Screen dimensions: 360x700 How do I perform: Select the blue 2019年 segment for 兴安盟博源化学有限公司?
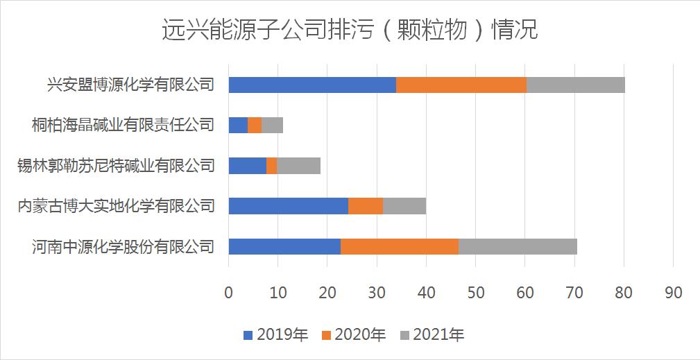pyautogui.click(x=312, y=85)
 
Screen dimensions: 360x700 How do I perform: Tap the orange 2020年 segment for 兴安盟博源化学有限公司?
pyautogui.click(x=461, y=85)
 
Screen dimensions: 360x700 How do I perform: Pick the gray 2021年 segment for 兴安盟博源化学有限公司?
pyautogui.click(x=576, y=85)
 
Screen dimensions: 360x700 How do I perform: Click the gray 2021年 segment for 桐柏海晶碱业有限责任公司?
pyautogui.click(x=272, y=126)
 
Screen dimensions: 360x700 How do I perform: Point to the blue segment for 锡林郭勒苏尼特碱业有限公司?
pyautogui.click(x=247, y=166)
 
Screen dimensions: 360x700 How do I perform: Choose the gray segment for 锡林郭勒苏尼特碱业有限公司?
pyautogui.click(x=298, y=166)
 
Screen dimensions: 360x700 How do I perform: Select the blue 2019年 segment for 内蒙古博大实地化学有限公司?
pyautogui.click(x=288, y=206)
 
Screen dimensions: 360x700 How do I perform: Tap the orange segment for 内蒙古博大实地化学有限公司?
pyautogui.click(x=366, y=206)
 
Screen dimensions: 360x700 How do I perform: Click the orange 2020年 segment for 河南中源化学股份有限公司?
pyautogui.click(x=400, y=246)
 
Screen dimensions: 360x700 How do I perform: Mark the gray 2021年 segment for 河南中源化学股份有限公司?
pyautogui.click(x=518, y=246)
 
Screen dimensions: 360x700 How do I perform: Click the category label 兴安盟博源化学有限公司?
pyautogui.click(x=130, y=85)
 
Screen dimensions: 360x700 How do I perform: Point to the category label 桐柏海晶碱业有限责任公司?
pyautogui.click(x=122, y=126)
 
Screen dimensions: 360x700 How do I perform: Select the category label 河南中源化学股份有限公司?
pyautogui.click(x=122, y=246)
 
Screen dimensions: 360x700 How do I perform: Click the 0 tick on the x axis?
pyautogui.click(x=228, y=293)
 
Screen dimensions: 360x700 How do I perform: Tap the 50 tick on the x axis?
pyautogui.click(x=475, y=293)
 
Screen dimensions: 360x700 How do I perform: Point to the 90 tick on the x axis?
pyautogui.click(x=673, y=293)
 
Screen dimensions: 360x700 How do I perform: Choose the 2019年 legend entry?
pyautogui.click(x=275, y=336)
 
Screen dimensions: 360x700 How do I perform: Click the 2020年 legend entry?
pyautogui.click(x=353, y=336)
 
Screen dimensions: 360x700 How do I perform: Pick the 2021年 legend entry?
pyautogui.click(x=432, y=336)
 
